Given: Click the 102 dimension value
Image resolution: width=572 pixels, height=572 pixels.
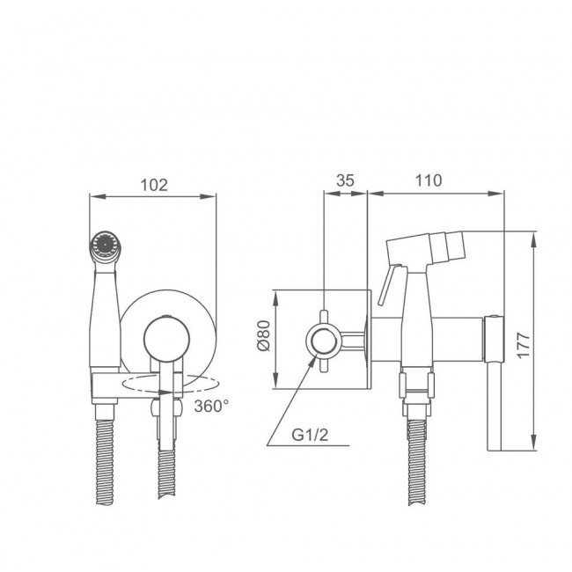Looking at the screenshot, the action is click(x=154, y=185).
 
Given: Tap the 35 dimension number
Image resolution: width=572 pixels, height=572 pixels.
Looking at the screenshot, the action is click(x=345, y=180).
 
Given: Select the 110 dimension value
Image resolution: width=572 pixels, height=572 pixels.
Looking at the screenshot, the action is click(x=429, y=180).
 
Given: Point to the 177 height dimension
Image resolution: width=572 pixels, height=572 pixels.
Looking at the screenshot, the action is click(x=523, y=345).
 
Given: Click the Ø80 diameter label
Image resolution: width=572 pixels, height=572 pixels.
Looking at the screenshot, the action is click(x=263, y=335).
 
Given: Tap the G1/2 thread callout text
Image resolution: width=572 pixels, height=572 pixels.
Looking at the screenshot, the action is click(x=310, y=435).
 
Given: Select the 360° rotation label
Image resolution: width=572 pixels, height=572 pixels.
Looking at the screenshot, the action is click(x=211, y=406).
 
